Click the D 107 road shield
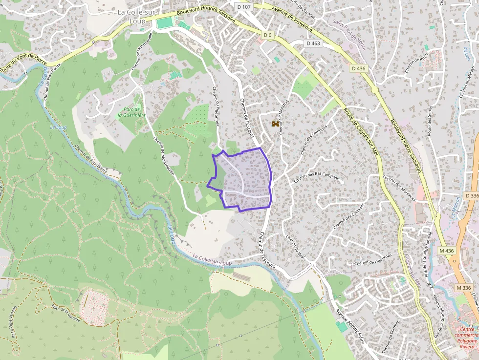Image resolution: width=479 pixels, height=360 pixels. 243,7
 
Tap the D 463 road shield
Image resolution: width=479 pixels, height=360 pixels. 313,43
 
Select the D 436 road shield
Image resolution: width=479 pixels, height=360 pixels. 358,69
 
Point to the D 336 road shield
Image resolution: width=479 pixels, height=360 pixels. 472,195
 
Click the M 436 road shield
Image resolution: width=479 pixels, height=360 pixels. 446,251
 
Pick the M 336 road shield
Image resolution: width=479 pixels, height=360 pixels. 463,287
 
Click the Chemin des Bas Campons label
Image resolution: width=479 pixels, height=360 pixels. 316,178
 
